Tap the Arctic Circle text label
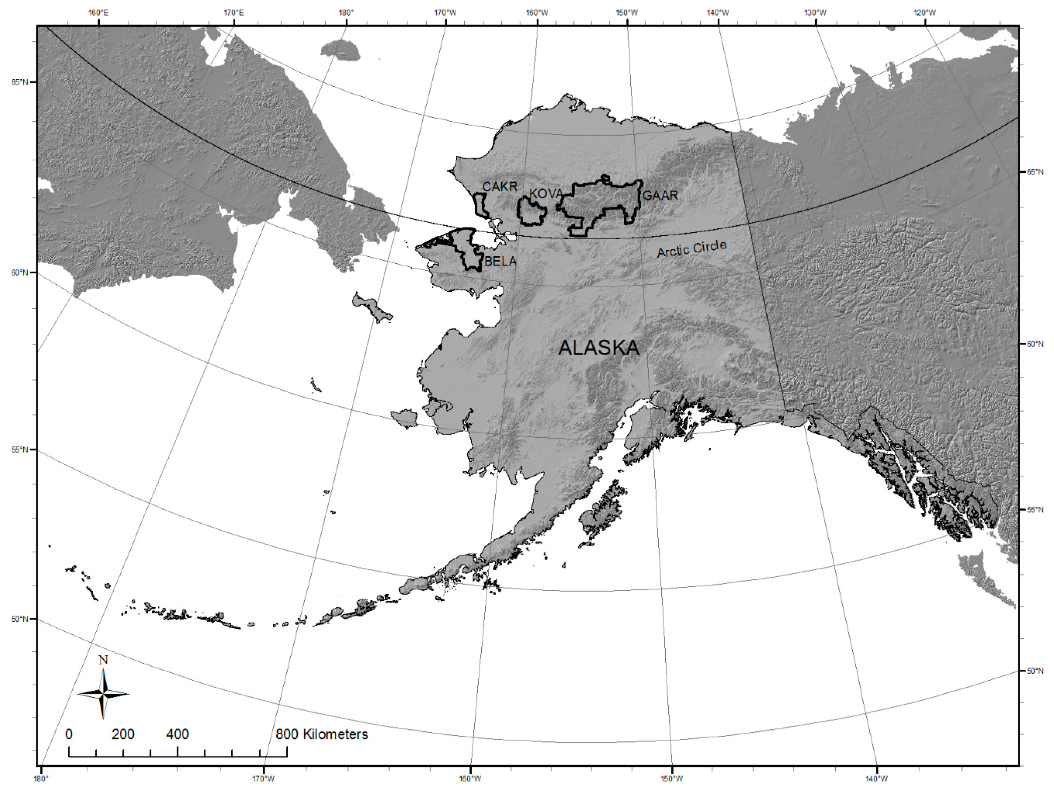(692, 249)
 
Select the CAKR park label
(500, 187)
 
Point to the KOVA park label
(546, 194)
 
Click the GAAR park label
(660, 195)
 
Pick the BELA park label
(500, 261)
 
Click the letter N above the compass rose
(103, 660)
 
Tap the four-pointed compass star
(103, 694)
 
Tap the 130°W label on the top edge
(815, 12)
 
